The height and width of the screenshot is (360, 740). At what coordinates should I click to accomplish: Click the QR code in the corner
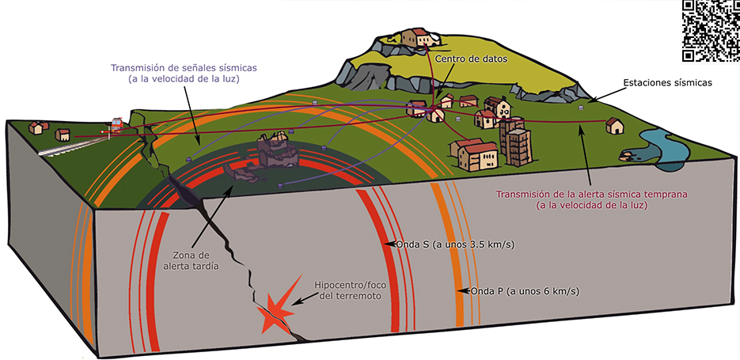coord(711,29)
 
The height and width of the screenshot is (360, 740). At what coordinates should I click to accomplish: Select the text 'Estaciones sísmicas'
coord(668,81)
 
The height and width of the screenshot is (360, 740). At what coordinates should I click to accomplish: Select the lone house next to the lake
coord(614,125)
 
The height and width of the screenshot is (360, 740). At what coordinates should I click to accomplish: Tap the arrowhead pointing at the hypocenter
coord(292,302)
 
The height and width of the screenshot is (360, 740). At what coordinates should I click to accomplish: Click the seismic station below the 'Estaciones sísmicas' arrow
coord(581,107)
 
